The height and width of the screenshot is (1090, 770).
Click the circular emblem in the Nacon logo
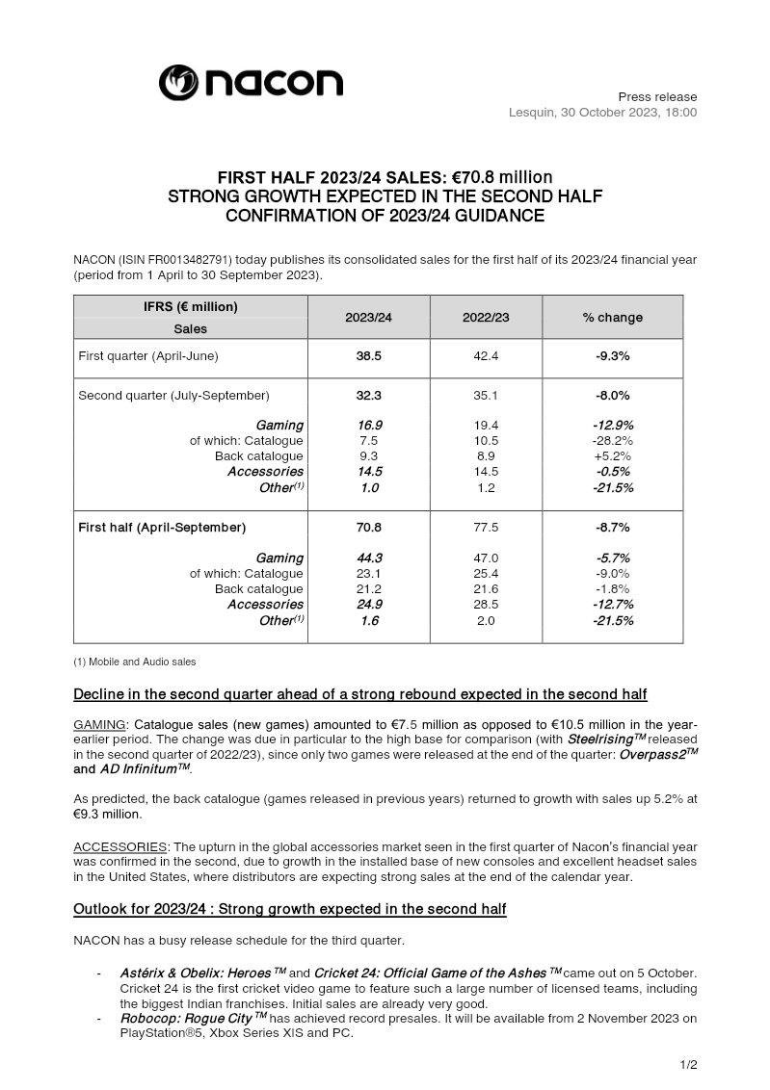(178, 83)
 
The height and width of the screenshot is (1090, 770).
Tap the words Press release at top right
(657, 97)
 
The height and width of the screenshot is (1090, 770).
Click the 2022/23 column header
(487, 317)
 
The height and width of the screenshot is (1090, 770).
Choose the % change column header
(612, 317)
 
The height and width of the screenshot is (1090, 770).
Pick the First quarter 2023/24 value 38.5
(369, 356)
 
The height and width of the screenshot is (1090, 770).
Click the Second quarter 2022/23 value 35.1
(487, 395)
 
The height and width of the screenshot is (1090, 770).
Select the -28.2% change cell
(613, 441)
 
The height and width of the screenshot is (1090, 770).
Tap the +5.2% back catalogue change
(613, 456)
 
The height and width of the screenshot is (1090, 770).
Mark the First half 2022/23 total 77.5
(487, 528)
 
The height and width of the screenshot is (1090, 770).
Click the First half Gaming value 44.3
(369, 558)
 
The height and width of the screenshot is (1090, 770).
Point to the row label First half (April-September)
(162, 528)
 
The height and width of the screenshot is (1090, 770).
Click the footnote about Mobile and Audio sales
(135, 662)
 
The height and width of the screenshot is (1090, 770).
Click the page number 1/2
(687, 1064)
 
